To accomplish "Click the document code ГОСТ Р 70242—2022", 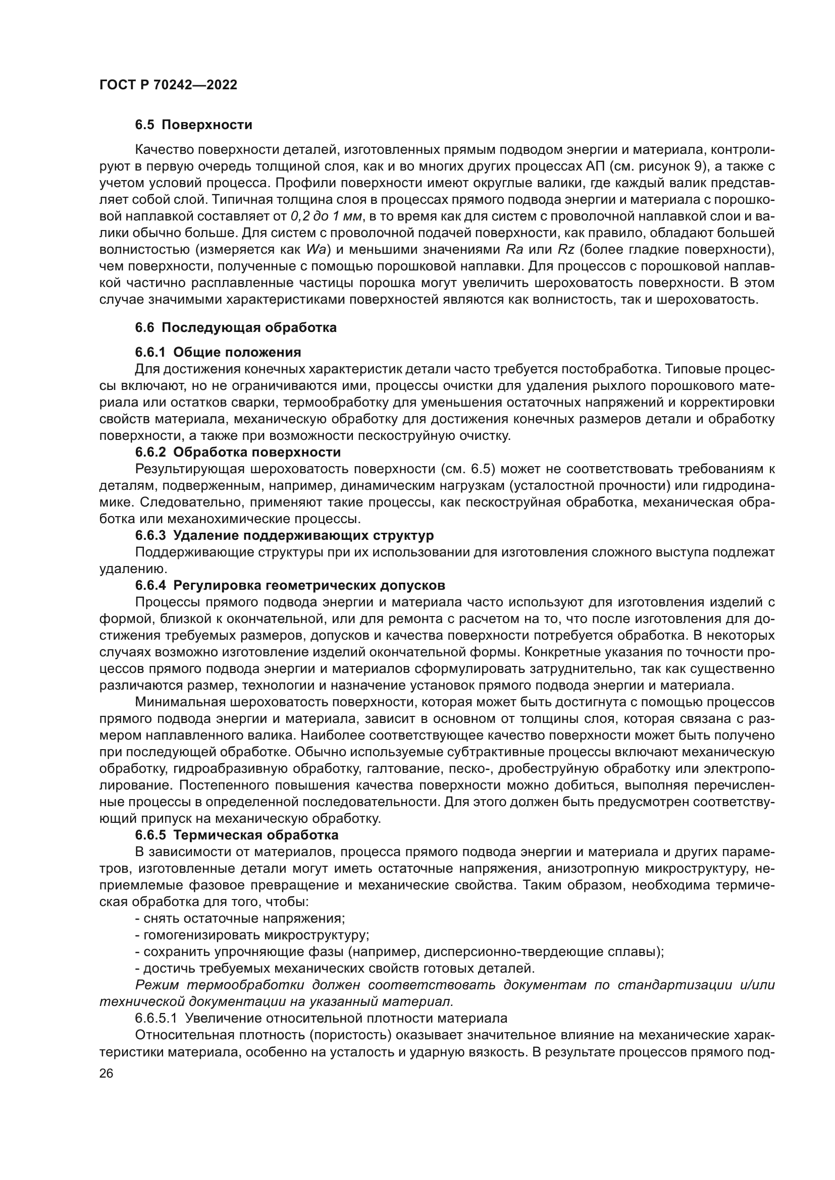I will coord(168,85).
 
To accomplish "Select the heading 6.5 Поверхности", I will coord(193,125).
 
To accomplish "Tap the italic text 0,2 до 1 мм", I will coord(327,216).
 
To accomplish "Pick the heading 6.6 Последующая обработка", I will coord(235,327).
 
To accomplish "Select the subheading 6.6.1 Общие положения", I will coord(218,352).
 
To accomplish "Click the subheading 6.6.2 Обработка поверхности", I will coord(238,452).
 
